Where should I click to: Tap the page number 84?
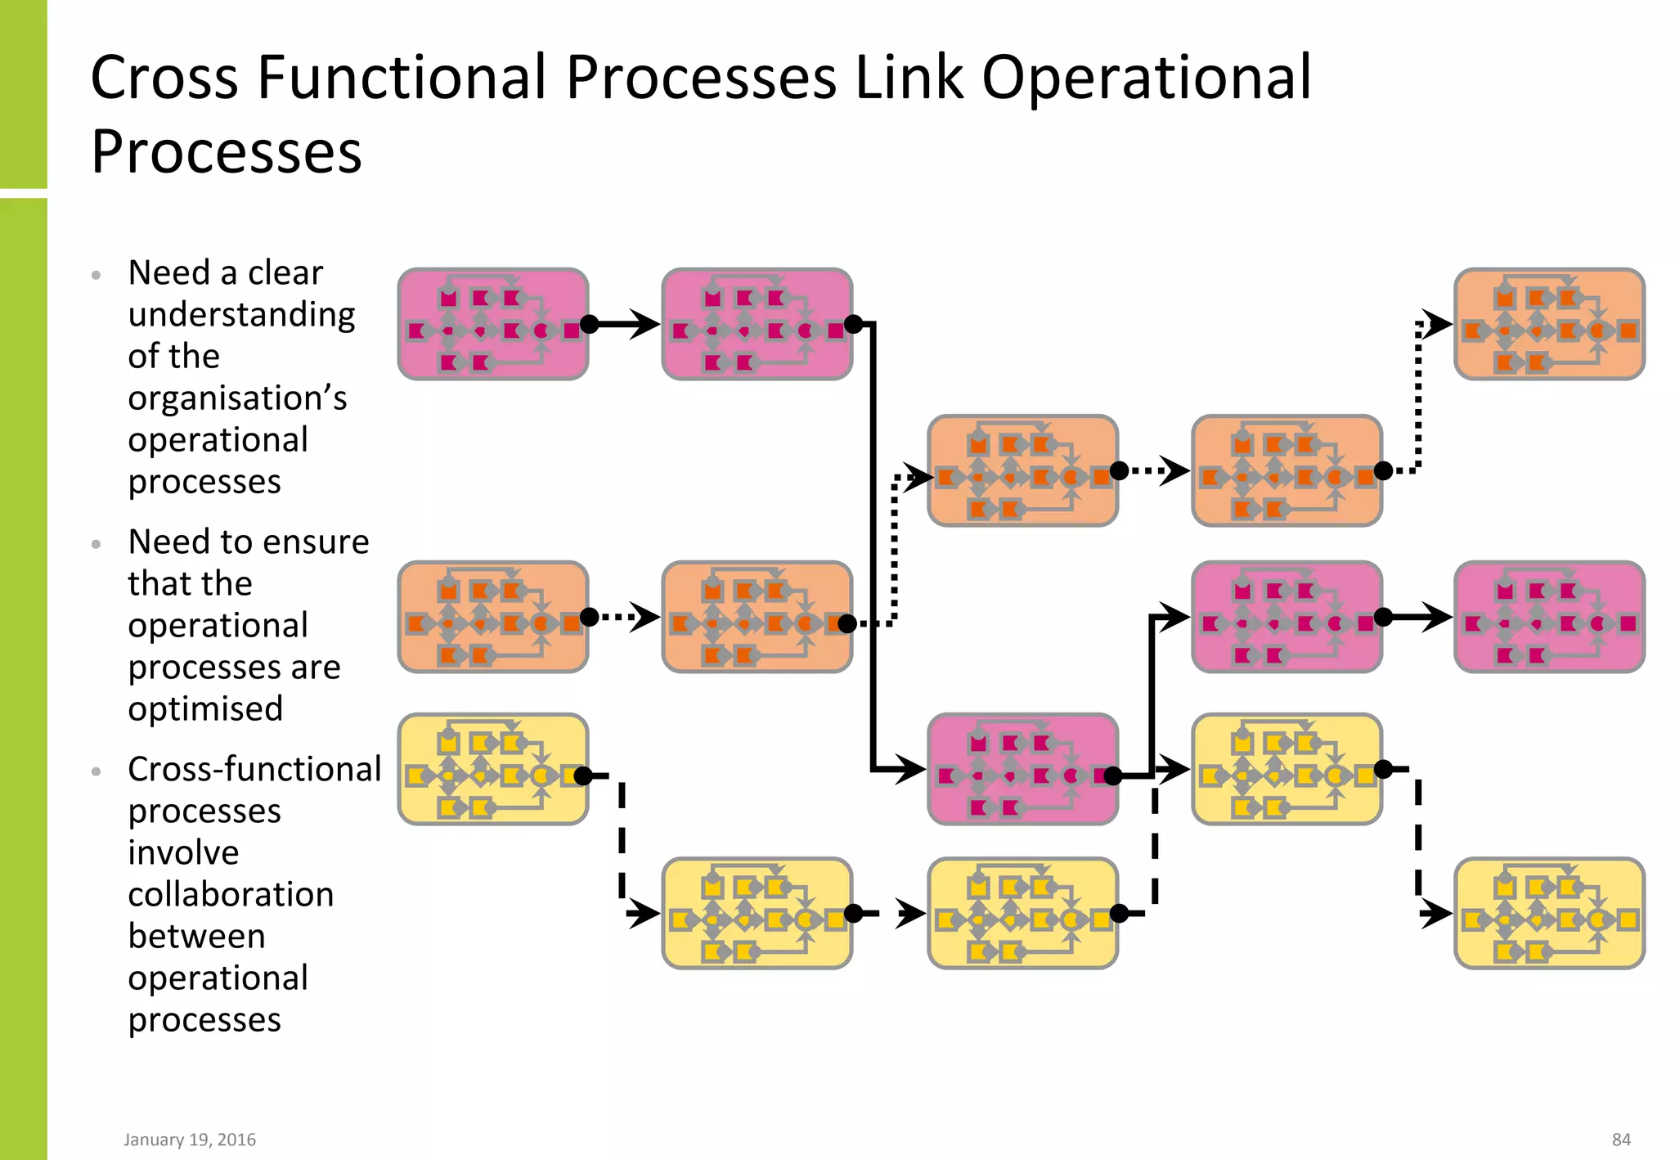(1621, 1140)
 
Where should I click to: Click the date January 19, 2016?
(190, 1140)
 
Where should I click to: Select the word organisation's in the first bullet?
(237, 398)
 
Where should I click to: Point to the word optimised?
(205, 708)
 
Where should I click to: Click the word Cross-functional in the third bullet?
(254, 769)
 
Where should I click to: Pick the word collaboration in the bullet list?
(231, 894)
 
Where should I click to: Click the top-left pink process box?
(492, 324)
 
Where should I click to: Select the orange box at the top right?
(1549, 324)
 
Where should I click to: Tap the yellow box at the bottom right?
(1549, 913)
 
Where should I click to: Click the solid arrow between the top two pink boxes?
(626, 325)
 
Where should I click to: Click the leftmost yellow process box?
(492, 769)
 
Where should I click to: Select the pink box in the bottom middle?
(1022, 769)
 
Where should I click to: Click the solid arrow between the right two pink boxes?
(1419, 617)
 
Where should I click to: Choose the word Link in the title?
(909, 78)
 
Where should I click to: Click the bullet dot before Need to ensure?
(97, 544)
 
